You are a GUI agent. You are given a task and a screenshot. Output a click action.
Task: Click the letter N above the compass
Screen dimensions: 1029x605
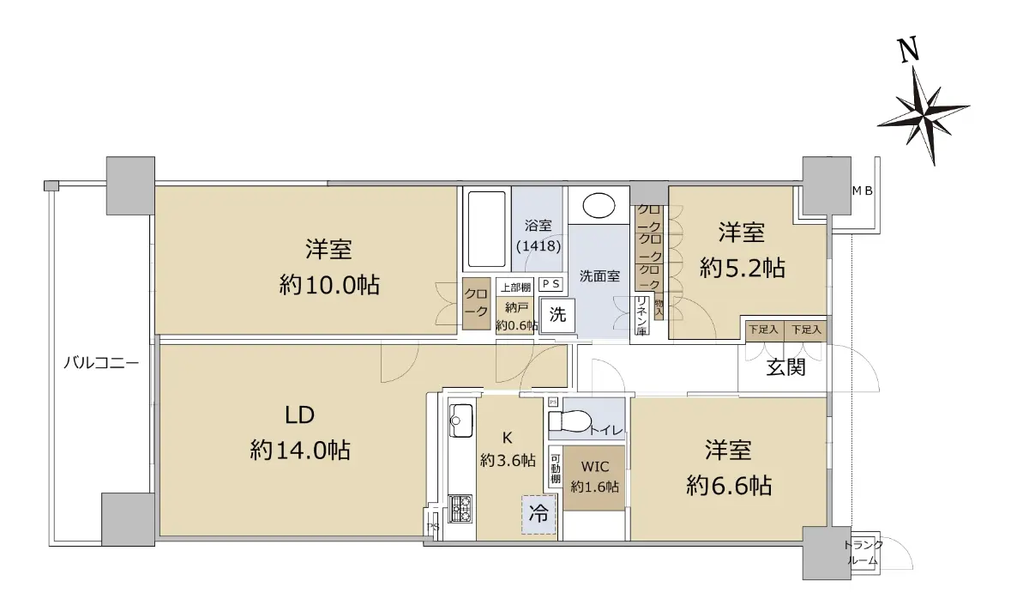908,50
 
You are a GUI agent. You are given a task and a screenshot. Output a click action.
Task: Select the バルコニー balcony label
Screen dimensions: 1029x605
101,363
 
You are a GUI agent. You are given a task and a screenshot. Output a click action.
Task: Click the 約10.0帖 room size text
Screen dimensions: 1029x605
329,285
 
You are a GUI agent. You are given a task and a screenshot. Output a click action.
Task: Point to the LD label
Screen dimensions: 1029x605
299,415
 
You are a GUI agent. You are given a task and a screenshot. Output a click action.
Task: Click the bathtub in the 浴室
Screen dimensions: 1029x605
487,229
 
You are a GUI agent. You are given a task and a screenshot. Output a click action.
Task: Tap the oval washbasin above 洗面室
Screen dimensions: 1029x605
599,205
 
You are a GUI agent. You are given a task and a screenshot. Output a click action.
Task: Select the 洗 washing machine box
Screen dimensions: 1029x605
557,316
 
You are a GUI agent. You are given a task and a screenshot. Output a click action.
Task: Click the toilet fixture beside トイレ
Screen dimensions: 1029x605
569,421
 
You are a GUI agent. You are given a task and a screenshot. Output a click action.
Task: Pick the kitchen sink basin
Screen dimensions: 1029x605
460,420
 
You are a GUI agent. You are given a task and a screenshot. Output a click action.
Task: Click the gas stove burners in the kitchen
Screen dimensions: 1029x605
460,508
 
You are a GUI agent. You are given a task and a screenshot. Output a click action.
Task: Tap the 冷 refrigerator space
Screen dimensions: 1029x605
539,514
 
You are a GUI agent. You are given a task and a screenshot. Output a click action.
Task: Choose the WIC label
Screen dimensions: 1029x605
595,467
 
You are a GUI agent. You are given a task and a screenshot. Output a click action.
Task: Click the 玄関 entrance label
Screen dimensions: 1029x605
786,367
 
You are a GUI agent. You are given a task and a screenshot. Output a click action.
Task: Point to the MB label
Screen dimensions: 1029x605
863,191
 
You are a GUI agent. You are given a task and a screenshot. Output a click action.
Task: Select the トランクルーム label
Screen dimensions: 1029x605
864,553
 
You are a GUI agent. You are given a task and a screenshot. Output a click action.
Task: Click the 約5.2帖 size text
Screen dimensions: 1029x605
743,268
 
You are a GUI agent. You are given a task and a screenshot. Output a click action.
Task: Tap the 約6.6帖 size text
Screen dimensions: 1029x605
729,486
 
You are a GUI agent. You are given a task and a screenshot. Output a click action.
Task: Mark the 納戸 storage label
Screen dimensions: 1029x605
516,307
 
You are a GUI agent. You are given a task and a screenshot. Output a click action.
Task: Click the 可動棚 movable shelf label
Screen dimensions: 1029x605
556,469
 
